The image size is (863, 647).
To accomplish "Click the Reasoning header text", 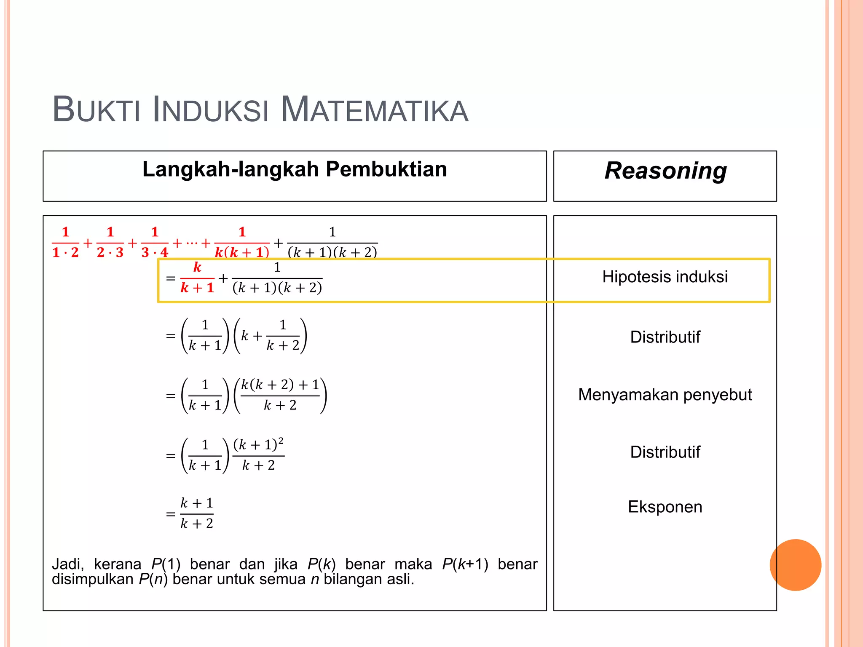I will (x=665, y=171).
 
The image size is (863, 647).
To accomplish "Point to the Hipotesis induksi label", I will (x=665, y=277).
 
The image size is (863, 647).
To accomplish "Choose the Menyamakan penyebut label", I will (x=665, y=395).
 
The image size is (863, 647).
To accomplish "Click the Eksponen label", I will (x=665, y=507).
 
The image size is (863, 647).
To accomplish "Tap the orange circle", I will (x=795, y=565).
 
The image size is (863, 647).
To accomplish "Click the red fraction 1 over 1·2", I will (x=65, y=243).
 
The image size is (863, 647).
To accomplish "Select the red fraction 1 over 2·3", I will (x=110, y=243).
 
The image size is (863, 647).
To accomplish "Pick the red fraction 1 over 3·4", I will (x=155, y=243).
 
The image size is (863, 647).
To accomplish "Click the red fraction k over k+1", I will (x=197, y=278).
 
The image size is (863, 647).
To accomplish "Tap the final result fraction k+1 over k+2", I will (x=197, y=513).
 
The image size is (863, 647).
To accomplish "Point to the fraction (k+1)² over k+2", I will (x=258, y=455).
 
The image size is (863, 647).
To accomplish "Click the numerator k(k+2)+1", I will (x=280, y=385).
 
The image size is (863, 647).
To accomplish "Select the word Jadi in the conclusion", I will (x=67, y=564).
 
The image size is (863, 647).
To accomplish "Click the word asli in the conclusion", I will (x=400, y=580).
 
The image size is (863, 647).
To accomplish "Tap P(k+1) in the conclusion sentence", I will (x=465, y=564).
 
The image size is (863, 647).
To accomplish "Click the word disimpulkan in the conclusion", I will (x=93, y=580).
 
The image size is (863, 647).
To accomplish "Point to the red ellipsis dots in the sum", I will (x=191, y=243).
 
